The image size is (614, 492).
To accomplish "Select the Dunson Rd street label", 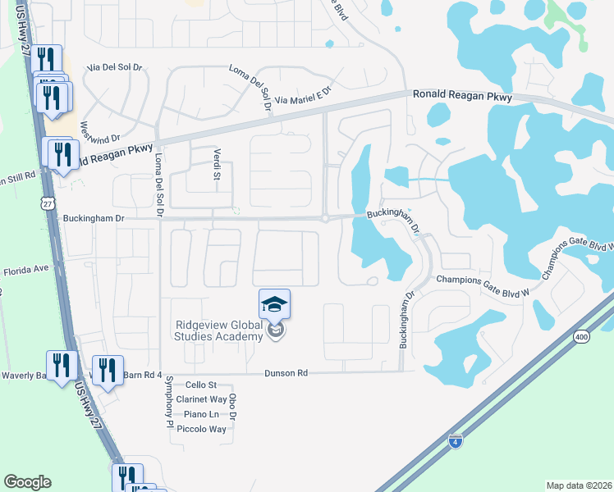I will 286,373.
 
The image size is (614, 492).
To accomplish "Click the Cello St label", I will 200,385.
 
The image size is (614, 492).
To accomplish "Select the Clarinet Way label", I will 200,399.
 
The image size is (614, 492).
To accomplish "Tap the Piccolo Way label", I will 201,429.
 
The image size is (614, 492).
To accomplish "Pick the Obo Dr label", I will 233,408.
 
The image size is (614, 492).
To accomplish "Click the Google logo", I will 27,482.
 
